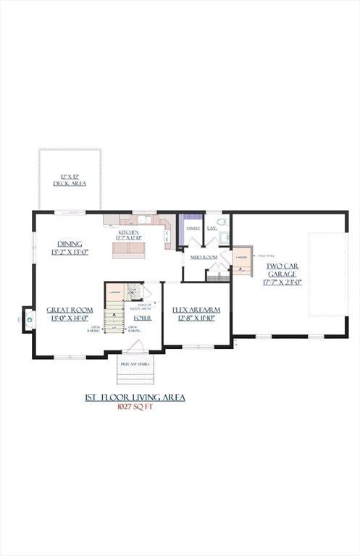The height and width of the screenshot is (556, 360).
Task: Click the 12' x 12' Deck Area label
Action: [x=70, y=180]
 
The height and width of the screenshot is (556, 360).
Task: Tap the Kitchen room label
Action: [x=128, y=233]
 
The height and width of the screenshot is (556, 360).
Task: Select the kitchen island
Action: [x=129, y=248]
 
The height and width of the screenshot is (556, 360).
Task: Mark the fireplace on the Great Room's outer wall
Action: [x=29, y=317]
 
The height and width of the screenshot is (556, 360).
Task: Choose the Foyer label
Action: [x=143, y=318]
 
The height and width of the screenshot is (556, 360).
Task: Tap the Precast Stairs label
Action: [x=135, y=364]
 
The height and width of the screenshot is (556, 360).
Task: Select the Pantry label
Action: [x=193, y=228]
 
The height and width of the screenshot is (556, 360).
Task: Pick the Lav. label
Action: [x=212, y=228]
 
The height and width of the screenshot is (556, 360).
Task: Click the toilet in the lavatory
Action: [x=222, y=223]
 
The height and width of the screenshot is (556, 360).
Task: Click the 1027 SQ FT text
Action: [x=135, y=407]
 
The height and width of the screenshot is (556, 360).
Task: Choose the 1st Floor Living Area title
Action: [x=135, y=397]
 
